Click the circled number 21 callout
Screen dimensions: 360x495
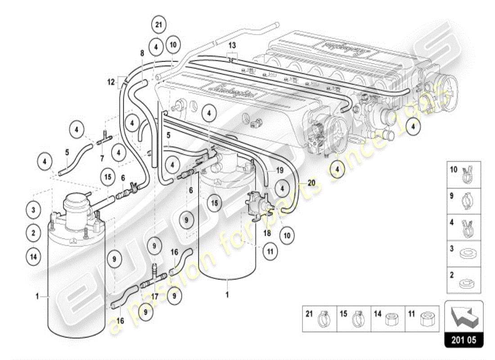[x=158, y=25]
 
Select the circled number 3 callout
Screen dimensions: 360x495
[x=33, y=210]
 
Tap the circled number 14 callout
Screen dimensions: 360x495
[x=33, y=256]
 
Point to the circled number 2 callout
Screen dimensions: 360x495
[x=33, y=233]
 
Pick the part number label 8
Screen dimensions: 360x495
[x=142, y=53]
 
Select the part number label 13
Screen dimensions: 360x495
[x=232, y=46]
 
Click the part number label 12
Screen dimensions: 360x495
[x=112, y=81]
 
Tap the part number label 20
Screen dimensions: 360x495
[x=312, y=182]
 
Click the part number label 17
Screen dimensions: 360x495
[x=155, y=297]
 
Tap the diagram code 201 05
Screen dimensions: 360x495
[x=464, y=340]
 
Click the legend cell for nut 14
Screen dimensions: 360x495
[x=388, y=319]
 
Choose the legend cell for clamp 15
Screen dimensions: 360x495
[x=353, y=319]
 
